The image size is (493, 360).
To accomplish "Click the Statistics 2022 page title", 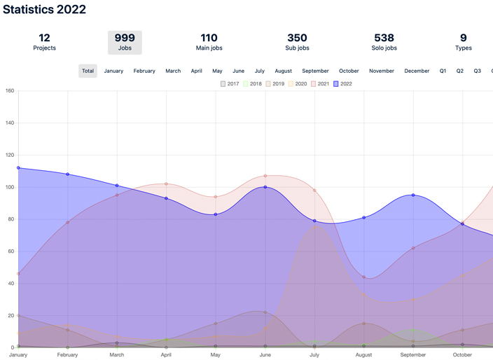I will coord(44,10).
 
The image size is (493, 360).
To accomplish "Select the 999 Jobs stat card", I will coord(125,42).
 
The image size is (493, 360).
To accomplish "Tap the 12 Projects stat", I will coord(44,42).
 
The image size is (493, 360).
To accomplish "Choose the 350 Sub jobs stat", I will coord(297,42).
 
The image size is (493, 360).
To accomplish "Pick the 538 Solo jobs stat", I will coord(384,42).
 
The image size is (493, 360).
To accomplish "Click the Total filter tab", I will coord(88,71).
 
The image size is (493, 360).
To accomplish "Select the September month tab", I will coord(315,71).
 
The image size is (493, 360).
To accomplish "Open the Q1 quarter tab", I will coord(443,71).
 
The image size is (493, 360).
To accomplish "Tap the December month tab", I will coord(417,71).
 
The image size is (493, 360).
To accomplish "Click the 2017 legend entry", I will coord(230,84).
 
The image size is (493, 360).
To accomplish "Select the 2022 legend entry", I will coord(342,84).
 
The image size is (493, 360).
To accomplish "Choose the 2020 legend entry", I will coord(297,84).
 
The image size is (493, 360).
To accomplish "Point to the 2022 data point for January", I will coord(18,168).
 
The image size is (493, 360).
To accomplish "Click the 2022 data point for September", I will coord(413,195).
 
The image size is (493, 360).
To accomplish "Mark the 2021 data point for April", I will coord(166,184).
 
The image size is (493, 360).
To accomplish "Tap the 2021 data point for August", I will coord(364,277).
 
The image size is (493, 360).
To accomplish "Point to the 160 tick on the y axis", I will coord(9,91).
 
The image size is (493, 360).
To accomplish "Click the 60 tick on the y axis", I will coord(9,251).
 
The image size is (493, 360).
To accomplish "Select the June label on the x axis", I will coord(265,355).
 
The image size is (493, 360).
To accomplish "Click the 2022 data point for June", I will coord(265,187).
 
